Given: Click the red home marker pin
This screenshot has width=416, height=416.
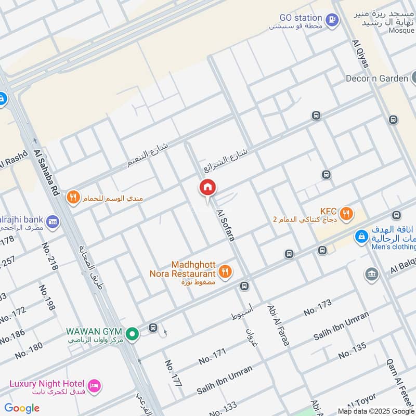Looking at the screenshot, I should click(207, 188).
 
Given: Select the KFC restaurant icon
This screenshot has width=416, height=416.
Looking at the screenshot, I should click(346, 213).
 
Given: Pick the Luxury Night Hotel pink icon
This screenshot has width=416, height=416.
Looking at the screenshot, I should click(94, 385).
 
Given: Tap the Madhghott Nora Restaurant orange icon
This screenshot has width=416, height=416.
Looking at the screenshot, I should click(225, 271).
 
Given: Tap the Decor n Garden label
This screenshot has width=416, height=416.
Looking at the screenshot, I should click(377, 79).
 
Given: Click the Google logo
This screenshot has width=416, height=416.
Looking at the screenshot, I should click(22, 408).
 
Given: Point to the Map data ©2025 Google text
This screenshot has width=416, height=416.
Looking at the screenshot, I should click(376, 411).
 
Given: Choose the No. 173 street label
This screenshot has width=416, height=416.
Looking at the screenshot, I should click(317, 308).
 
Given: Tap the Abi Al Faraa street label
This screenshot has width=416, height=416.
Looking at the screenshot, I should click(278, 325).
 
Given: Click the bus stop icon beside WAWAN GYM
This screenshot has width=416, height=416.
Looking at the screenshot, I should click(152, 328).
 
